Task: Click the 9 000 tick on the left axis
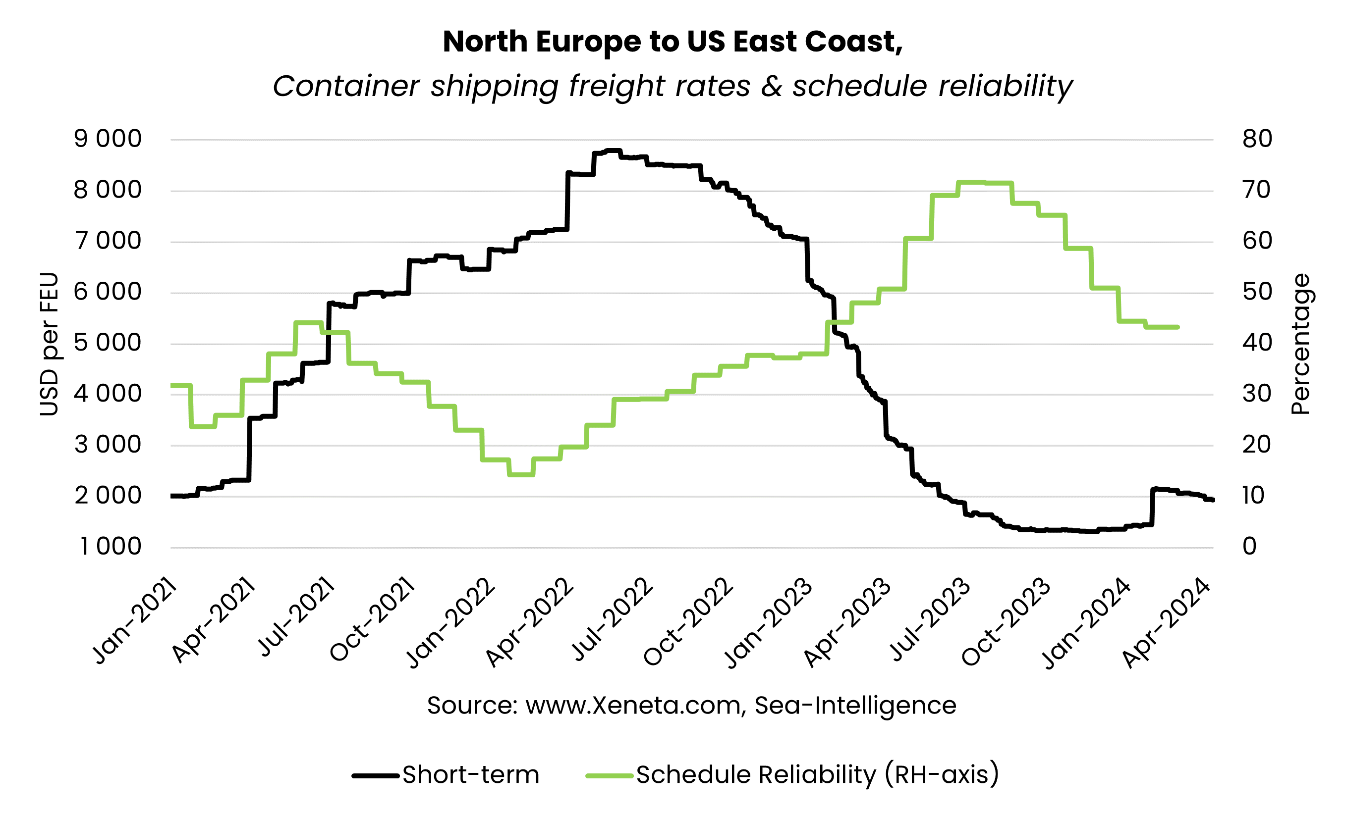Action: click(x=108, y=139)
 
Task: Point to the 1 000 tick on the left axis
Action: click(x=111, y=547)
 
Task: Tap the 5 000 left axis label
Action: click(x=108, y=343)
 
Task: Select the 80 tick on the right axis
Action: click(x=1256, y=139)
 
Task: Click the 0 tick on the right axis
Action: click(x=1249, y=547)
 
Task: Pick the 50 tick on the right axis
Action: click(x=1256, y=292)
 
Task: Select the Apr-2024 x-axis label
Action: click(x=1166, y=623)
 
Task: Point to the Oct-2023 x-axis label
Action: click(x=1006, y=622)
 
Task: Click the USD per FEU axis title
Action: click(x=49, y=344)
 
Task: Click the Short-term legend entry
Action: click(x=470, y=774)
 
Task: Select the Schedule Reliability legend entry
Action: click(x=817, y=774)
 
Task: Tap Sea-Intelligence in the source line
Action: click(x=855, y=705)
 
